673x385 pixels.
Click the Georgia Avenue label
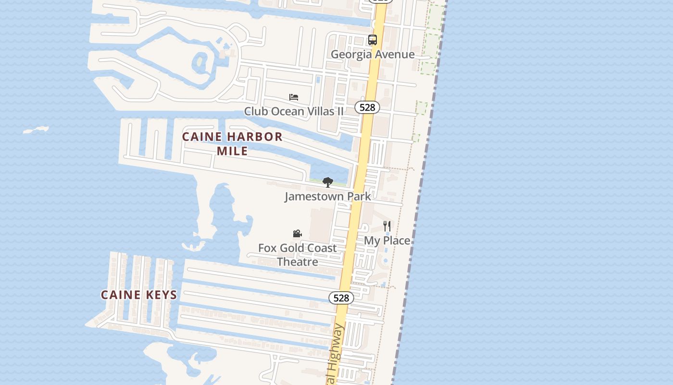373,54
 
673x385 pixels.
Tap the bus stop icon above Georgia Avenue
373,40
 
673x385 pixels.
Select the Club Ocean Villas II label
294,111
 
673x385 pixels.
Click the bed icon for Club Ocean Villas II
294,97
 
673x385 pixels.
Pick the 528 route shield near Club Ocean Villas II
367,107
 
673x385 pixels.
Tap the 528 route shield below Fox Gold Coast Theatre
341,298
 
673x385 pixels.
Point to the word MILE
232,151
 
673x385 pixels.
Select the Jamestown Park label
328,196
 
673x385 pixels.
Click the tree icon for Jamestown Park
328,182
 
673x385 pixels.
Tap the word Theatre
298,262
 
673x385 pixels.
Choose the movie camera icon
298,234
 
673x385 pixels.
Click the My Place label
387,241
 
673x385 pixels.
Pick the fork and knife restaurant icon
387,225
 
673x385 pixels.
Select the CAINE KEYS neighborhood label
139,295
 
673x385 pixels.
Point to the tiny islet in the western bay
36,130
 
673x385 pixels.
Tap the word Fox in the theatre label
268,248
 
